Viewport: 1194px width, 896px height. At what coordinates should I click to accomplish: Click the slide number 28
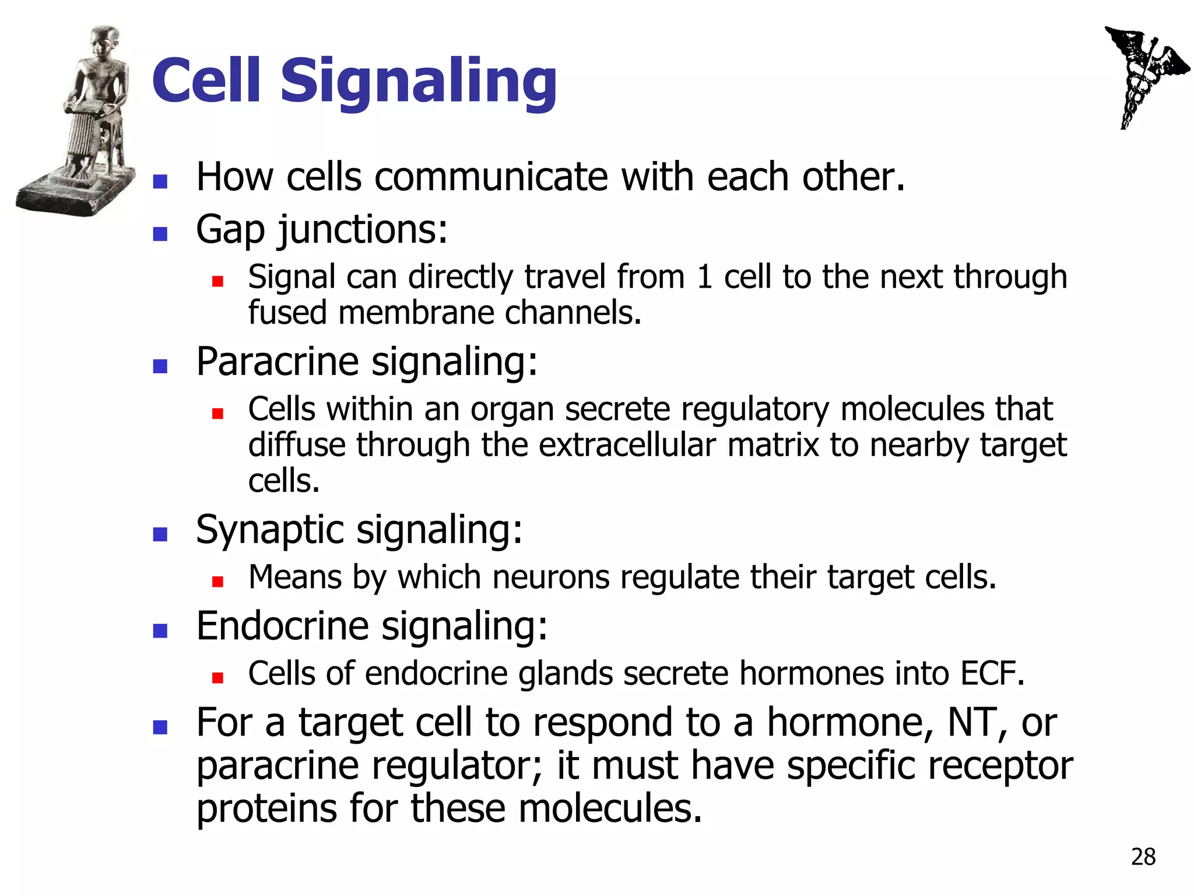pos(1143,857)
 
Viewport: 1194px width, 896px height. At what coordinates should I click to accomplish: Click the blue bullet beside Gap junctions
pos(160,234)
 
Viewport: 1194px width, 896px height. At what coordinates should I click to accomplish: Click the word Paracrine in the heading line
pos(277,362)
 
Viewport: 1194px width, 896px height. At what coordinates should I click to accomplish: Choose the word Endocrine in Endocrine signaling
pos(282,626)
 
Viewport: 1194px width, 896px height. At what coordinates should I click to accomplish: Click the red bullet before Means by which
pos(217,581)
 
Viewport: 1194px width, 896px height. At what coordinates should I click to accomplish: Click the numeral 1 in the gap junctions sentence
pos(704,277)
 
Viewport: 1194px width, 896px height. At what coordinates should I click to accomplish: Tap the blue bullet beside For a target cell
pos(160,727)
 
